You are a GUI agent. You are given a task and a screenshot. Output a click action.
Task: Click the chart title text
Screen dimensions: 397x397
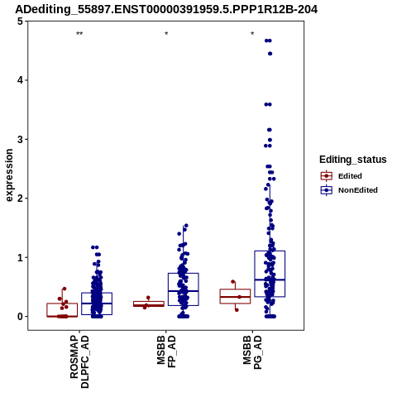point(166,9)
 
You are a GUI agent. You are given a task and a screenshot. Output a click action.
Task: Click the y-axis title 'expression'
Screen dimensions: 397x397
point(9,175)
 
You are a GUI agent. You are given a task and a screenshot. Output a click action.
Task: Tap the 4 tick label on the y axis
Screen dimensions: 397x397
point(20,80)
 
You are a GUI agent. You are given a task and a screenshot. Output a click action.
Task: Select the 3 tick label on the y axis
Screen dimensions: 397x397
point(20,140)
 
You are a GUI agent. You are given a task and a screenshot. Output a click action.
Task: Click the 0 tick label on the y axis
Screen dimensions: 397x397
point(20,317)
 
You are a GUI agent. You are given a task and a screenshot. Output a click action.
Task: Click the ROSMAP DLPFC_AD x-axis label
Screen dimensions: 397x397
point(79,361)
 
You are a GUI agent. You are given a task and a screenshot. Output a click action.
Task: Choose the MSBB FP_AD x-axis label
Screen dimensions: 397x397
point(166,352)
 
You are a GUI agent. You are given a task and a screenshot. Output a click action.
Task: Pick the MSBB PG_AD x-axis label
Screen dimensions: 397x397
point(252,352)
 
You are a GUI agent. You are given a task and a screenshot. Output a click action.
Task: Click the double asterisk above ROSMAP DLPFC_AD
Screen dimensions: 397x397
point(79,34)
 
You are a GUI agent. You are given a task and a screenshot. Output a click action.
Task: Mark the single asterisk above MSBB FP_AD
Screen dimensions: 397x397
point(166,34)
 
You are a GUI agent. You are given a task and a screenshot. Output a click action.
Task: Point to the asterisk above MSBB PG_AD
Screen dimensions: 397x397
point(252,34)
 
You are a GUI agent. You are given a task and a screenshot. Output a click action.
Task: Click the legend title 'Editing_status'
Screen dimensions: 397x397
point(353,160)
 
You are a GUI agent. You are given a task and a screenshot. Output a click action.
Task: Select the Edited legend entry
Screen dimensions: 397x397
point(341,176)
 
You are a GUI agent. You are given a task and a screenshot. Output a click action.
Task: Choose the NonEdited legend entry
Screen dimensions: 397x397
point(349,190)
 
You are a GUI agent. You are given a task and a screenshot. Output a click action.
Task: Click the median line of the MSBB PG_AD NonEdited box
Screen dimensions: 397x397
point(270,280)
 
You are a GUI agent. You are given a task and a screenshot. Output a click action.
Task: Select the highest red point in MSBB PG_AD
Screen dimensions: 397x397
point(233,282)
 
